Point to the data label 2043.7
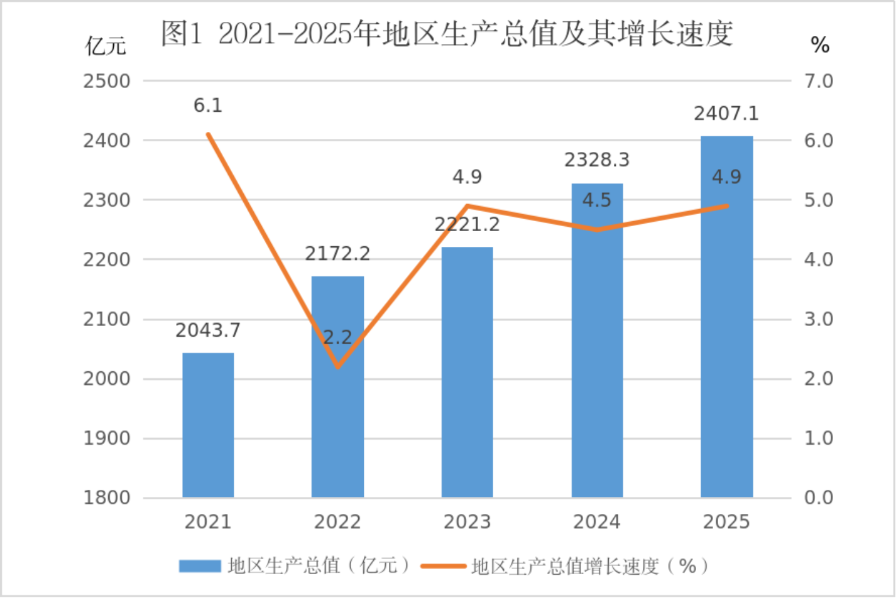208,330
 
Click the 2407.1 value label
726,114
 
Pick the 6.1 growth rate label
208,106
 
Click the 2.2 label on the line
337,338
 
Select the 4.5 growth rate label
597,200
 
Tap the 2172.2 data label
337,254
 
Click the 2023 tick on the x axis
467,522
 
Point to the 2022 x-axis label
337,522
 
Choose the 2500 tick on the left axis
107,81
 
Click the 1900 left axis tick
107,438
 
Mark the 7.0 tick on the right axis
819,81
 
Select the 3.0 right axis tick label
819,319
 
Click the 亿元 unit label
106,46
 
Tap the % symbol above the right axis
820,46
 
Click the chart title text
447,33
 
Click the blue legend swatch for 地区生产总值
200,566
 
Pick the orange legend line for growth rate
443,566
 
